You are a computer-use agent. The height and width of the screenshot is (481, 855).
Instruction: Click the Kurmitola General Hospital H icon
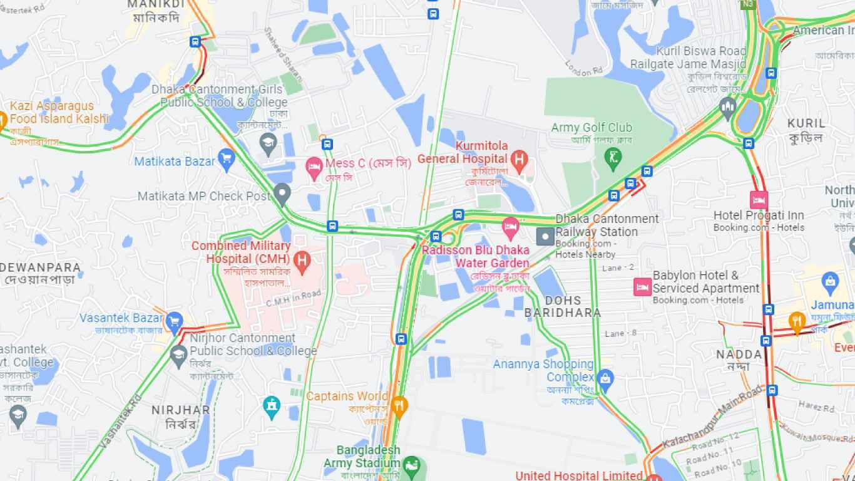518,160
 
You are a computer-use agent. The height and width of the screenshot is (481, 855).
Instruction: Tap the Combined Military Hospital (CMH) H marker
302,260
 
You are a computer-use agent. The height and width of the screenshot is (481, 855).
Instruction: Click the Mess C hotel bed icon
314,167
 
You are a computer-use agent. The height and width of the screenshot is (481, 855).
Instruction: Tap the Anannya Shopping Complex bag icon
605,378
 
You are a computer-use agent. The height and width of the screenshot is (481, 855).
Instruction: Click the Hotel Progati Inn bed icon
759,200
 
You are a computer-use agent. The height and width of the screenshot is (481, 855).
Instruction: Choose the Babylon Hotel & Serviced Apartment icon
642,287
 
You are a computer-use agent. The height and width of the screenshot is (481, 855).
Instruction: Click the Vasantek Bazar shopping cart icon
174,321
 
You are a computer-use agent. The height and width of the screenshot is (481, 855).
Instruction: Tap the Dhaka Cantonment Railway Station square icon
545,237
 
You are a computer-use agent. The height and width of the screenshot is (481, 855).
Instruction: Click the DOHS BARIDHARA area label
562,306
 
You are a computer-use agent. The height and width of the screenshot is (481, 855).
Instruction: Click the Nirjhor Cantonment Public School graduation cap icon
179,354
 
